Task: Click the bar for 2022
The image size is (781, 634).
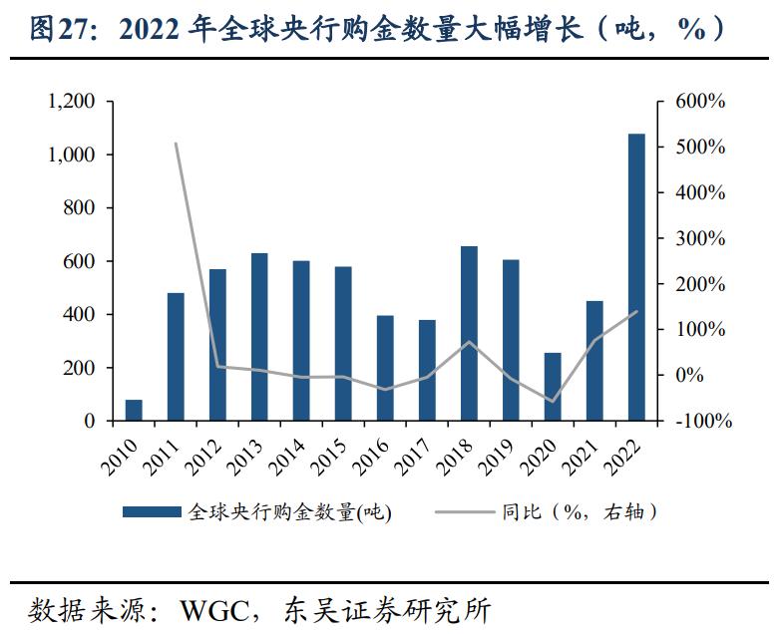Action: pyautogui.click(x=636, y=277)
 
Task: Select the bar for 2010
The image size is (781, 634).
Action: pyautogui.click(x=134, y=410)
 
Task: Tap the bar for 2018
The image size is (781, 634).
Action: pyautogui.click(x=469, y=333)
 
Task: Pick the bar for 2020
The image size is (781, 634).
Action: pyautogui.click(x=553, y=387)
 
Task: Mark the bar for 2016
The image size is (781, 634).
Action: pyautogui.click(x=385, y=368)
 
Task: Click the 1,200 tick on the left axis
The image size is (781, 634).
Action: pyautogui.click(x=71, y=102)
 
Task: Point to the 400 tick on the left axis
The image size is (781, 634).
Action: pyautogui.click(x=79, y=315)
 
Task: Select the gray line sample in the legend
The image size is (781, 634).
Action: pyautogui.click(x=465, y=513)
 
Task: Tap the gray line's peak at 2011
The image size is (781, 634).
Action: pyautogui.click(x=176, y=144)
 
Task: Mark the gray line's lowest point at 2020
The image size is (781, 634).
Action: pyautogui.click(x=553, y=402)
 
